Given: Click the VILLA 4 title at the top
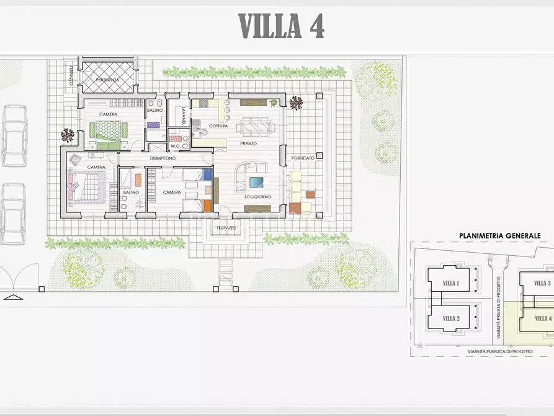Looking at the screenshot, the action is (281, 26).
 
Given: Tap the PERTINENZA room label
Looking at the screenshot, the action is (107, 80).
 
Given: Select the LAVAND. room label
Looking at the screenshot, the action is (184, 115).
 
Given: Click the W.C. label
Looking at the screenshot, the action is (175, 146).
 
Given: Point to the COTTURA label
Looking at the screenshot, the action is (218, 126).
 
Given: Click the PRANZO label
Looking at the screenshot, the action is (248, 143).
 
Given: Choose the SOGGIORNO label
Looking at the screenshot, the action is (258, 197).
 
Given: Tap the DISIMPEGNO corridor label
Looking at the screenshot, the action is (163, 158).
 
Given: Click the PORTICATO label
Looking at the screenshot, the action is (303, 158).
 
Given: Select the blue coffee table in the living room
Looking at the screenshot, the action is (256, 182).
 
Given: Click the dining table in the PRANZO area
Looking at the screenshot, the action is (255, 126).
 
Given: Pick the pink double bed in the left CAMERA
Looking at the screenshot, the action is (86, 188).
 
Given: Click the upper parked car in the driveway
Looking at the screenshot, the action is (14, 136).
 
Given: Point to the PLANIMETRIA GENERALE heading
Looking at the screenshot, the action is (500, 235).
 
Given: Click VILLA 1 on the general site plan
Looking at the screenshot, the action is (451, 283).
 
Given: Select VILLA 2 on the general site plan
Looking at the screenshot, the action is (451, 319).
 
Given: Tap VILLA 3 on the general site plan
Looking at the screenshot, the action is (542, 283).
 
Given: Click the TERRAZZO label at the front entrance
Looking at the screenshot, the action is (226, 228).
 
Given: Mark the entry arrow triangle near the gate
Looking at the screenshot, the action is (13, 297).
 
